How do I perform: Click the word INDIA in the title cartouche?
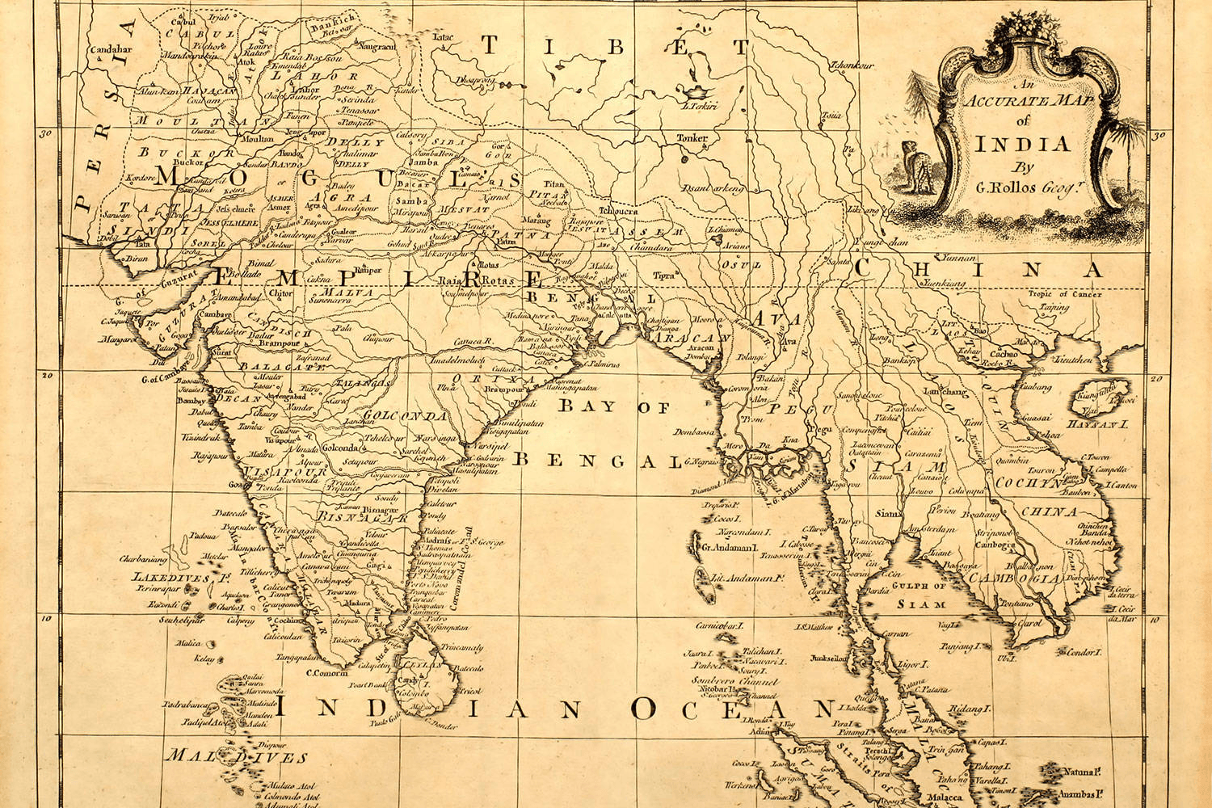tap(1022, 145)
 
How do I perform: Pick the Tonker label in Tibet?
tap(692, 138)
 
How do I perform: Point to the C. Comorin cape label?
tap(326, 672)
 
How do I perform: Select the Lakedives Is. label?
tap(165, 578)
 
